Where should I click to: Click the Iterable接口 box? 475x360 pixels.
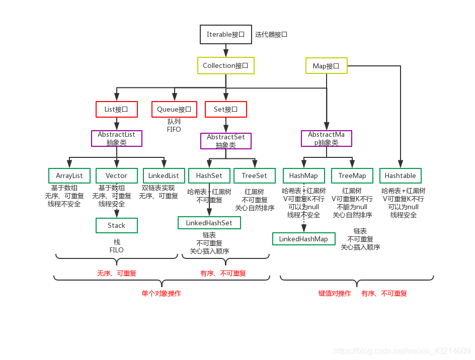(x=225, y=35)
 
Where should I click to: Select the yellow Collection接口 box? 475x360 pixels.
(x=225, y=66)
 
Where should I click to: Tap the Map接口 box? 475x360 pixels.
(x=326, y=66)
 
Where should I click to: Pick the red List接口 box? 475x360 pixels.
(x=116, y=109)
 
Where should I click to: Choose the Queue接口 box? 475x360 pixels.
(x=174, y=109)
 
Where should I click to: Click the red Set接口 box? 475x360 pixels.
(x=225, y=109)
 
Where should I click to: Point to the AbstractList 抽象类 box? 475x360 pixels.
(x=116, y=138)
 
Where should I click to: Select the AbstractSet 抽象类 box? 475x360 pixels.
(x=225, y=141)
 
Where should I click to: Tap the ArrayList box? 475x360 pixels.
(x=69, y=175)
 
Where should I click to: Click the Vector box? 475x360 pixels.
(x=116, y=175)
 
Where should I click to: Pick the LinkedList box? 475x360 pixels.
(x=164, y=175)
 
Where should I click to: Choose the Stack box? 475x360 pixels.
(x=116, y=225)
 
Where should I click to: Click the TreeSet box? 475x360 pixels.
(x=255, y=175)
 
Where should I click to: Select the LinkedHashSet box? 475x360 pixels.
(x=209, y=223)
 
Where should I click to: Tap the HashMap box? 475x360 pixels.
(x=304, y=175)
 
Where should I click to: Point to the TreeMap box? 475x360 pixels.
(x=352, y=175)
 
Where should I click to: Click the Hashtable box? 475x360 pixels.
(x=401, y=175)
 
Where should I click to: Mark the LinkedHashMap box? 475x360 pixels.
(x=303, y=239)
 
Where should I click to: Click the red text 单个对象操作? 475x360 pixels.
(x=162, y=294)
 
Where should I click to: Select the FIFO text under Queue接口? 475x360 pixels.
(x=174, y=129)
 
